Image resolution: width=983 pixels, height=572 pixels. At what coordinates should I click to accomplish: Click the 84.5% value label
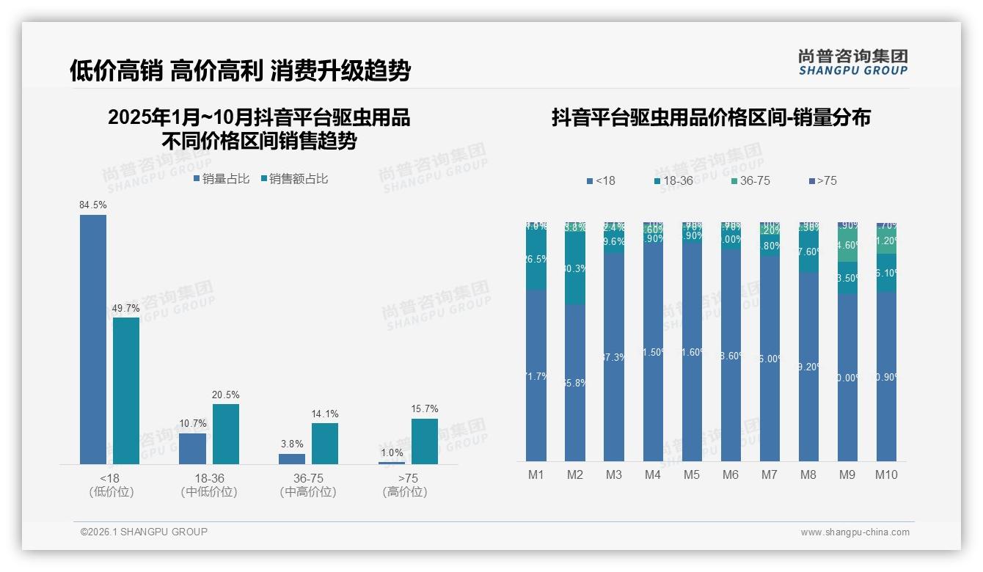click(x=93, y=205)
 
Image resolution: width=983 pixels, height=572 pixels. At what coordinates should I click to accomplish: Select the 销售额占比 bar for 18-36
click(x=226, y=433)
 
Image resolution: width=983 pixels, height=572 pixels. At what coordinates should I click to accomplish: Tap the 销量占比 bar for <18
click(x=93, y=339)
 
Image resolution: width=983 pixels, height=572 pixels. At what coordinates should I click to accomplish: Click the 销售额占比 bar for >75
click(x=425, y=441)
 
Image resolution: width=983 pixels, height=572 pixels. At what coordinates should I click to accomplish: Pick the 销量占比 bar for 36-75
click(x=292, y=458)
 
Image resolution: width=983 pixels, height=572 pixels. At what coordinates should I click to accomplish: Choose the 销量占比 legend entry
click(x=222, y=179)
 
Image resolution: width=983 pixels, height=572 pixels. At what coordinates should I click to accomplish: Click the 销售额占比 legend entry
click(x=293, y=179)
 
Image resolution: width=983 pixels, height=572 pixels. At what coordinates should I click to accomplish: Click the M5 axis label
click(x=692, y=474)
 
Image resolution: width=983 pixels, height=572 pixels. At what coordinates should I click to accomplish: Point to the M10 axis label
click(x=886, y=474)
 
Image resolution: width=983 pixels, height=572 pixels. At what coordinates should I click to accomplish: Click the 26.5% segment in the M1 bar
click(x=536, y=260)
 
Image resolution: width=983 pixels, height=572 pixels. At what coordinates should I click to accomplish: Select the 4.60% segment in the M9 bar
click(x=847, y=246)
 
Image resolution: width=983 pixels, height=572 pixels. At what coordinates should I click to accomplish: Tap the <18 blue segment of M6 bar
click(x=731, y=355)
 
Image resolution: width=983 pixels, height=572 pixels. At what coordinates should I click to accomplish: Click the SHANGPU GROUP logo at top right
click(x=852, y=62)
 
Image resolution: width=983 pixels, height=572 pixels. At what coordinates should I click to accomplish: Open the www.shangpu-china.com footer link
click(x=855, y=532)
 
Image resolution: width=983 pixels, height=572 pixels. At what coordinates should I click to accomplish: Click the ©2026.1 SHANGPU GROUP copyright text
click(x=144, y=532)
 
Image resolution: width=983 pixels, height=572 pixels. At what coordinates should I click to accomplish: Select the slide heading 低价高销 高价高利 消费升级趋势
click(x=240, y=70)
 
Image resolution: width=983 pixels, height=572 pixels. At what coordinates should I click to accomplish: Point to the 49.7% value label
click(x=126, y=308)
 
